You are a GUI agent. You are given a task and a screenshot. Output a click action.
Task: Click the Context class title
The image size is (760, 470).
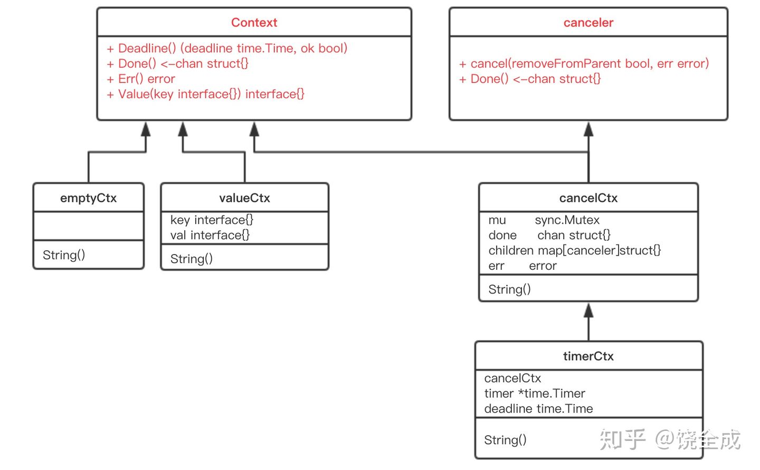[254, 22]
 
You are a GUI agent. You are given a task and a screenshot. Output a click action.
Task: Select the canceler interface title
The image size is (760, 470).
[588, 22]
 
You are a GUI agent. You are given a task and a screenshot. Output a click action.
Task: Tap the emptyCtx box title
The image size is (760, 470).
[88, 198]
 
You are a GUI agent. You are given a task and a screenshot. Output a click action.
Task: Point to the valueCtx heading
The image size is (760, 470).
[244, 198]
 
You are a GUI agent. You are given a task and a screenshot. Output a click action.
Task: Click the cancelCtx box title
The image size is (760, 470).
[588, 198]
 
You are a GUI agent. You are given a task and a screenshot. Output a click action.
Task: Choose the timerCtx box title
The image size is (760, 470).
[588, 356]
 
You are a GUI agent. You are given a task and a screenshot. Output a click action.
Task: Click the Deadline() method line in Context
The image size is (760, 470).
[227, 48]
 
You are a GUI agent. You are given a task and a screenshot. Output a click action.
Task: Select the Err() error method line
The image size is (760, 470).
[141, 79]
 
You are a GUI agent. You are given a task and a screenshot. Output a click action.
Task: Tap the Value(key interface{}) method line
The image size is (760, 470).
[205, 94]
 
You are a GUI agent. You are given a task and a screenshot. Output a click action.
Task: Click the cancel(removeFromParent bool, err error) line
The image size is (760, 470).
[584, 63]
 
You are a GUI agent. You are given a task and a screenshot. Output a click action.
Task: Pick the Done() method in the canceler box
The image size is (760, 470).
[530, 79]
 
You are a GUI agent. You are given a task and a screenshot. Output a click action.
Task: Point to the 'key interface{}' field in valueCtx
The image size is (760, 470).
[212, 220]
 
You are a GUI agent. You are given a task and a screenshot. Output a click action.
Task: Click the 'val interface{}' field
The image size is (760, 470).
[210, 235]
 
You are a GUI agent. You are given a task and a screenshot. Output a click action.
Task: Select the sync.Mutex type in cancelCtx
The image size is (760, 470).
[567, 220]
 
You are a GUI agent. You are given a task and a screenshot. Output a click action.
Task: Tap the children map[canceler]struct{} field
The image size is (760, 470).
[574, 251]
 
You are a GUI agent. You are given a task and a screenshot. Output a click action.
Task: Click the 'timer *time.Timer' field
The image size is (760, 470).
[534, 393]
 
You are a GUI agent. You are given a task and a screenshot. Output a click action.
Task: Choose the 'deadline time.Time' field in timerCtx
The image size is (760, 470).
[538, 409]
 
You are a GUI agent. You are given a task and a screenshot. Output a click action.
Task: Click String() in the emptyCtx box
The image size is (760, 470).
[64, 255]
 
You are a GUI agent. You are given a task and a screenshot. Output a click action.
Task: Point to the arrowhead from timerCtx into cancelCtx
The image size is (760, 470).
[588, 311]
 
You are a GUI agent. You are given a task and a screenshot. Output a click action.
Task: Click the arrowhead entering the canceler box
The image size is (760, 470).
[588, 129]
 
